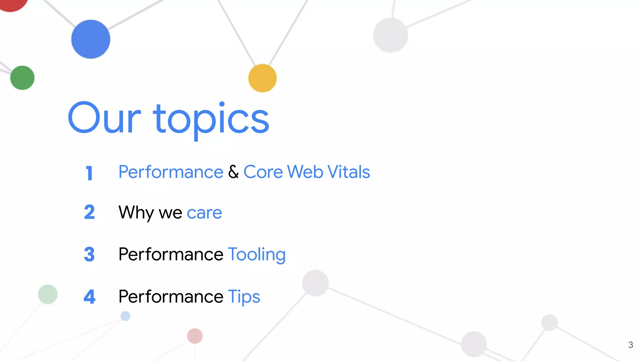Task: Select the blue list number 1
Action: [x=89, y=173]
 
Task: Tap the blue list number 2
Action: [x=89, y=212]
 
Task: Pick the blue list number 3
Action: [x=89, y=254]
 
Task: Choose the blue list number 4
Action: [x=89, y=296]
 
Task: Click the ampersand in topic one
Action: [x=233, y=172]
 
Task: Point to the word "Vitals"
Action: [x=349, y=172]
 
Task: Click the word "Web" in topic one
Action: [x=305, y=172]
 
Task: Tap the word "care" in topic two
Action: [x=204, y=213]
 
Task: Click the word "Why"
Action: [x=136, y=213]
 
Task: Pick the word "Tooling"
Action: [x=257, y=254]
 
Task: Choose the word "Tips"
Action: [x=244, y=297]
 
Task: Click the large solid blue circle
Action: [x=91, y=39]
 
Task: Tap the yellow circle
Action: [x=262, y=78]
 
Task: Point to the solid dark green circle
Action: [x=22, y=78]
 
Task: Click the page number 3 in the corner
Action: [x=631, y=345]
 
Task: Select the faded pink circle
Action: [x=195, y=336]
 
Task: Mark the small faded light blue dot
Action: [x=125, y=316]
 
